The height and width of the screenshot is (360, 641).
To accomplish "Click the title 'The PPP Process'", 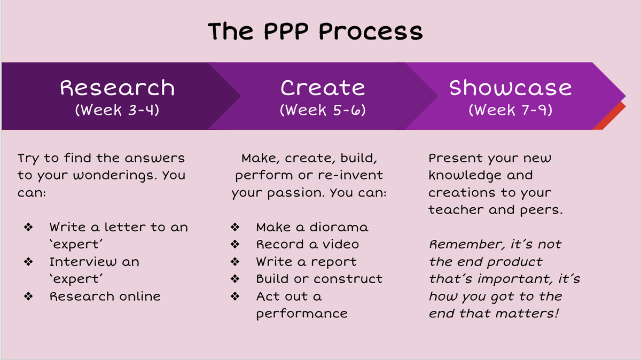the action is coord(315,32).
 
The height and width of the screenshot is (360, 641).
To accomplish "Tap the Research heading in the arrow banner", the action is coord(118,88).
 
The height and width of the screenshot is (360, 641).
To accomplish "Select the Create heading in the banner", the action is coord(323,88).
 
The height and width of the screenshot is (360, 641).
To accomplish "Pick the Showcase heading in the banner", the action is coord(510,88).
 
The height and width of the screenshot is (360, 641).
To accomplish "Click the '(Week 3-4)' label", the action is coord(117,110).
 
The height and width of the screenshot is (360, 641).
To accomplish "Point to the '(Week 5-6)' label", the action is coord(323,110).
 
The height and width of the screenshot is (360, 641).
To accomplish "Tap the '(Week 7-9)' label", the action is coord(510,110).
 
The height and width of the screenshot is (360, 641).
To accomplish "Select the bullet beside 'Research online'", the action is coord(28,296).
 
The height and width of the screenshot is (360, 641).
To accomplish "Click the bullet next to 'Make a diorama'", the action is coord(235,227).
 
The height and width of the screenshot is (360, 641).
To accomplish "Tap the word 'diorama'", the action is coord(339,227).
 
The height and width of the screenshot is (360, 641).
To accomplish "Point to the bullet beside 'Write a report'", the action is coord(235,262).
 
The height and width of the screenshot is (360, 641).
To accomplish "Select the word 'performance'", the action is coord(302,314).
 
